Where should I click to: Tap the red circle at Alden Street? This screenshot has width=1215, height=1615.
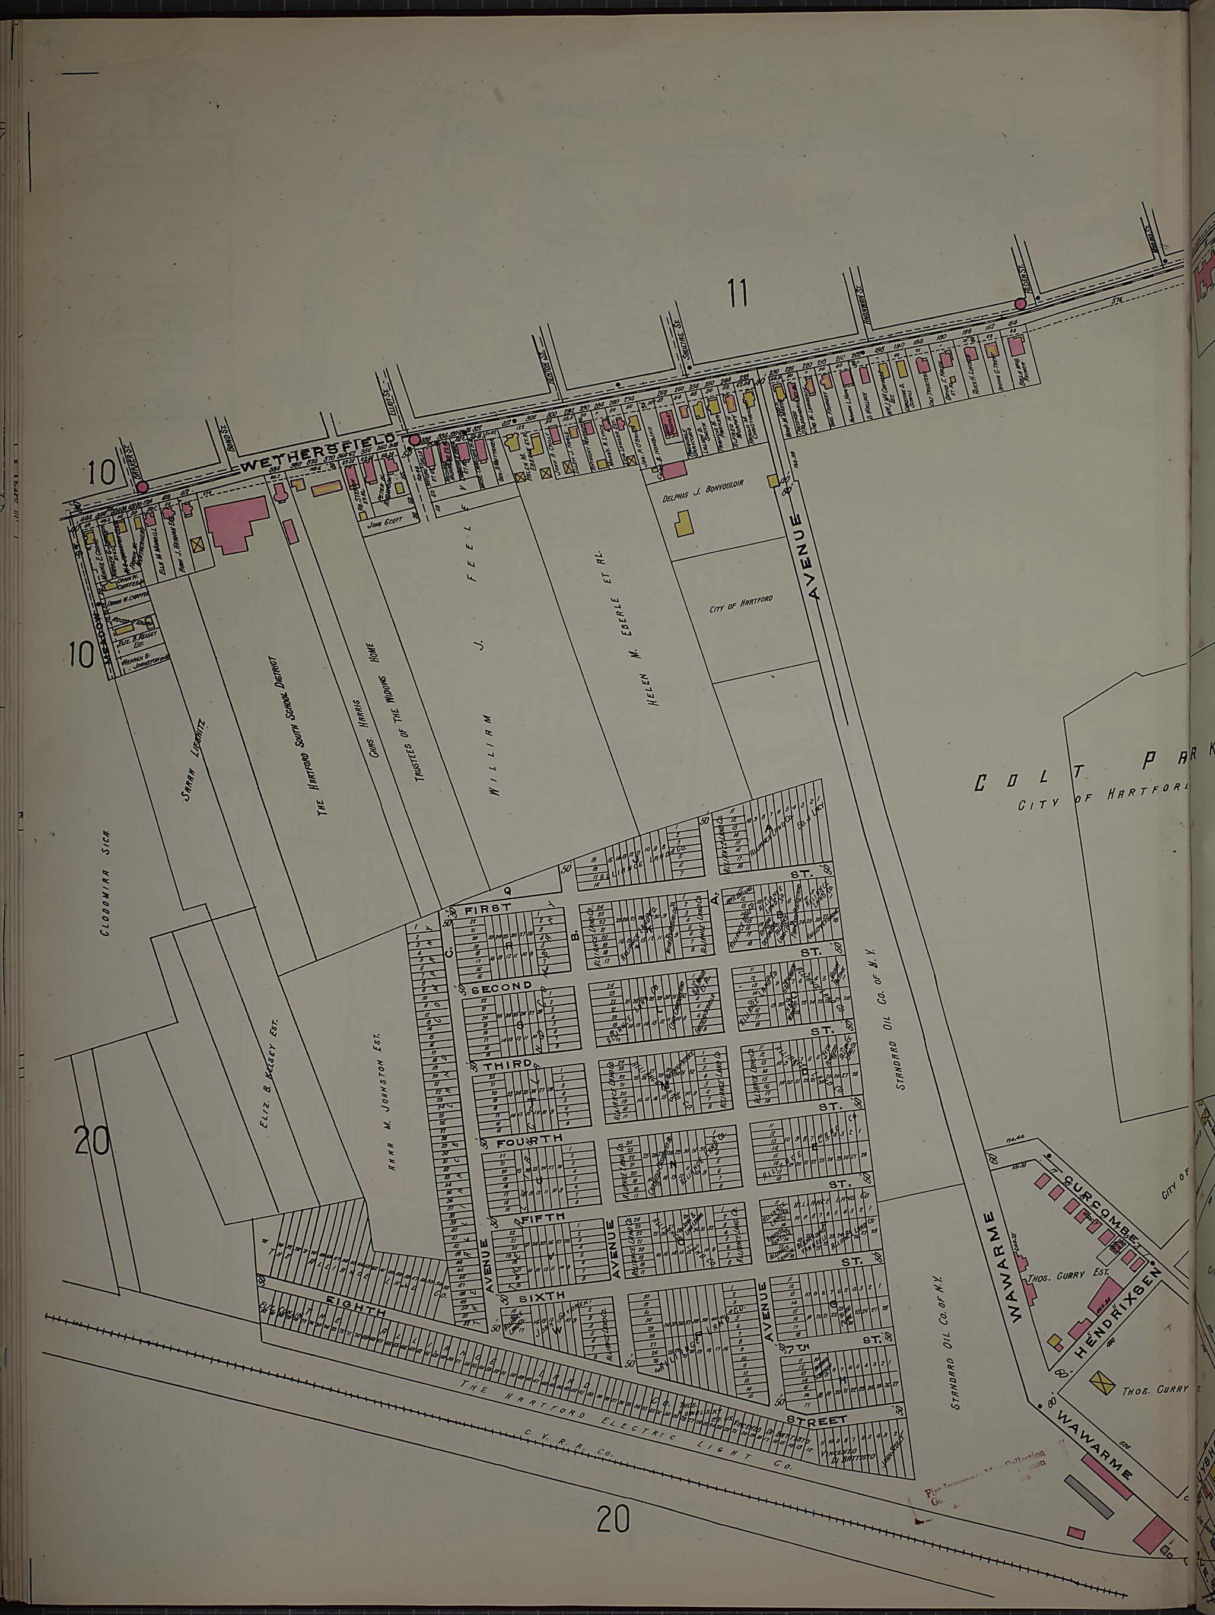coord(1020,304)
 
